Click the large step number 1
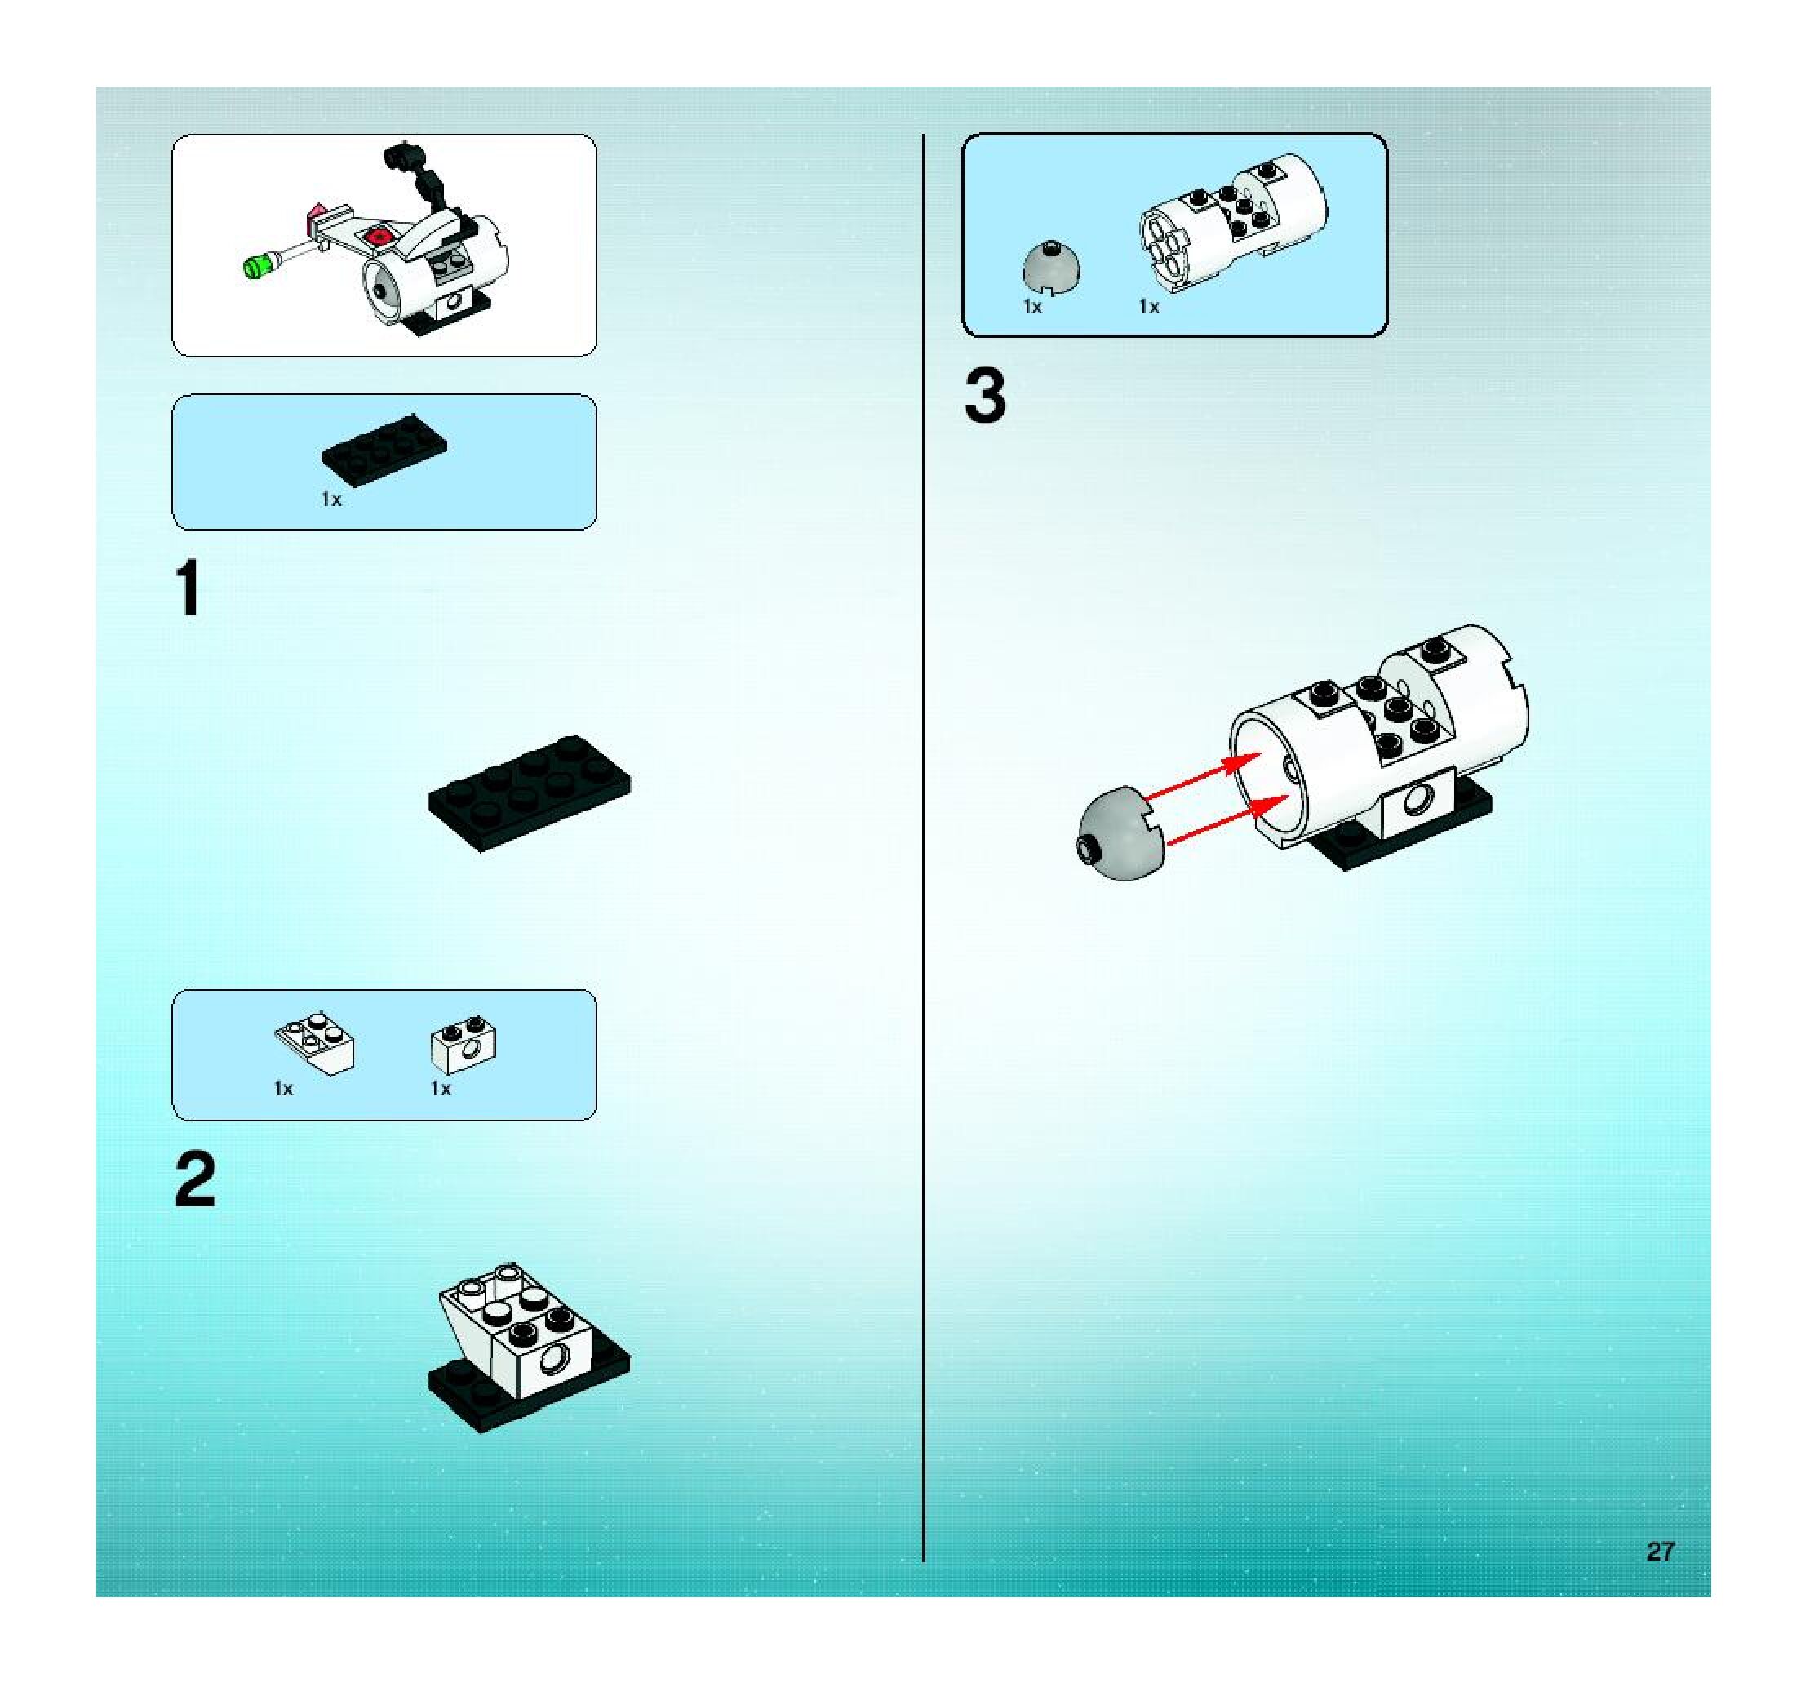click(189, 588)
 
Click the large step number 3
click(985, 396)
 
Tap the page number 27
click(1660, 1552)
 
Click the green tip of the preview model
click(260, 266)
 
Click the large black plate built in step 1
click(529, 793)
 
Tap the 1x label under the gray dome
click(1032, 308)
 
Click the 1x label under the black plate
click(331, 499)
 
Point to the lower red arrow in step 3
click(1228, 819)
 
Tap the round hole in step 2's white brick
click(552, 1362)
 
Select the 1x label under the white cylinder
click(1150, 308)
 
